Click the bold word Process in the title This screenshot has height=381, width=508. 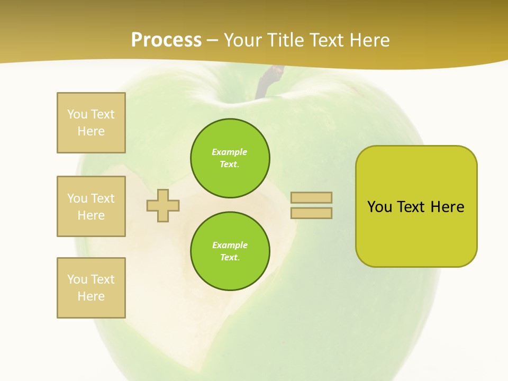166,40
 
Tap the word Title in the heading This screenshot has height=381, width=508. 283,40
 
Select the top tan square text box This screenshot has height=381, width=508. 91,123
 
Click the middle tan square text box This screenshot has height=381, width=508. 91,206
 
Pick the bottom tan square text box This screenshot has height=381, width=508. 91,288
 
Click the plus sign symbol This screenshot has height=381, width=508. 163,205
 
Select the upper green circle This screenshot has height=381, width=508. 230,158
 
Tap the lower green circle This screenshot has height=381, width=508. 230,251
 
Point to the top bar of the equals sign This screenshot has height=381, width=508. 311,198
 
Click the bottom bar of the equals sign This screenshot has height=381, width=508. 311,213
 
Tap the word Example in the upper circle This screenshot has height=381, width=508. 230,152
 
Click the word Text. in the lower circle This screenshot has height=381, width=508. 230,258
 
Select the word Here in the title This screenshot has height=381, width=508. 369,40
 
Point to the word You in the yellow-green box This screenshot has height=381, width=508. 379,207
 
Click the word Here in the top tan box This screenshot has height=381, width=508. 91,131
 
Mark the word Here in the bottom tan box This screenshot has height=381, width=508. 91,296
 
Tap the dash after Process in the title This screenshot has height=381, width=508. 213,40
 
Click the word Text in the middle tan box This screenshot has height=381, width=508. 101,198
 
